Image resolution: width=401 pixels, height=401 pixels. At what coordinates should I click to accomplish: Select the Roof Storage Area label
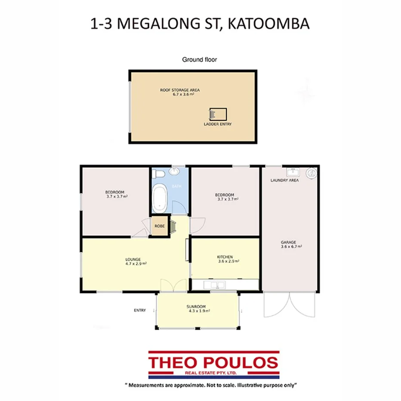pyautogui.click(x=180, y=90)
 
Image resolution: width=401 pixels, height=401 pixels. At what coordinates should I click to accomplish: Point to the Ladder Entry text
pyautogui.click(x=218, y=124)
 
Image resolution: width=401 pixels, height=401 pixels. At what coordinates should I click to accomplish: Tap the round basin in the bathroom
pyautogui.click(x=174, y=172)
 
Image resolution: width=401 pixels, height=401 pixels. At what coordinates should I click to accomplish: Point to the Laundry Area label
pyautogui.click(x=284, y=180)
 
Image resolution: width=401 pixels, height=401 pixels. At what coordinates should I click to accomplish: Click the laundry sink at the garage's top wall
pyautogui.click(x=289, y=171)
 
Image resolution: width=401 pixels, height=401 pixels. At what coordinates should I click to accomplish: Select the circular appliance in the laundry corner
pyautogui.click(x=311, y=173)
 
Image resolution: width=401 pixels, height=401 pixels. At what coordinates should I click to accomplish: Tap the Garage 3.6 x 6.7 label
pyautogui.click(x=291, y=244)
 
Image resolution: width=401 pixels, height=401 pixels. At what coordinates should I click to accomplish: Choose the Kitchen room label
pyautogui.click(x=225, y=257)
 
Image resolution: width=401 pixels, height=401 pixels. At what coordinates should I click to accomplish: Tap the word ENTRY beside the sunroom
pyautogui.click(x=140, y=310)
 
